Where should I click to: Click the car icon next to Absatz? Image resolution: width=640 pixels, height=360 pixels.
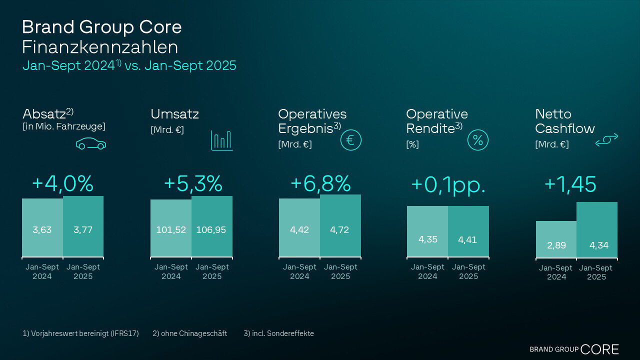(x=91, y=144)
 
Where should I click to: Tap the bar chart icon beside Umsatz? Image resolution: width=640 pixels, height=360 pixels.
(x=221, y=140)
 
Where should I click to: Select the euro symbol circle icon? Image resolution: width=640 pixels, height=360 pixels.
(x=350, y=140)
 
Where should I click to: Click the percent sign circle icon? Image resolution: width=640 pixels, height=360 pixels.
(x=477, y=140)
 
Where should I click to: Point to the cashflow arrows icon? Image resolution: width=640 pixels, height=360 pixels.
(x=606, y=140)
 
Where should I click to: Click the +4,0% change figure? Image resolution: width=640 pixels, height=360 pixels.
(x=62, y=183)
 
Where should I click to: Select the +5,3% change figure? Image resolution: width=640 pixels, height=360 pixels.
(x=192, y=183)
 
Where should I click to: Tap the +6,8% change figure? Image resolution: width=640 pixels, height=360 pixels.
(x=320, y=183)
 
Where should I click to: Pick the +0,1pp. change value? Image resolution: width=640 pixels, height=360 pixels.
(x=448, y=184)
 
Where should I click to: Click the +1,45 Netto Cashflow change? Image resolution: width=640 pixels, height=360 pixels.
(x=570, y=184)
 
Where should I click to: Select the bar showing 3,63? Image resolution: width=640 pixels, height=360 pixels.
(x=42, y=228)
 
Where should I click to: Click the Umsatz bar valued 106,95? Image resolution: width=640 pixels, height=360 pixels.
(x=211, y=226)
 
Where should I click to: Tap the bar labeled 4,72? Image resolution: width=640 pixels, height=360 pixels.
(x=340, y=226)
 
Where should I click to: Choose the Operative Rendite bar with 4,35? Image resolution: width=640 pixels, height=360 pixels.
(x=427, y=231)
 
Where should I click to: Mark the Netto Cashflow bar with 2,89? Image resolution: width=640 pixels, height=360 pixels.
(x=556, y=239)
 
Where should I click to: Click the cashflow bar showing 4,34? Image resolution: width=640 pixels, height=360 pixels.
(x=597, y=230)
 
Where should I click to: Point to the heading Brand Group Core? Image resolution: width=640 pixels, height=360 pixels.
(x=101, y=27)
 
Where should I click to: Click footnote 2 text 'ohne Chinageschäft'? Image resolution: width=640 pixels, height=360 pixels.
(x=189, y=333)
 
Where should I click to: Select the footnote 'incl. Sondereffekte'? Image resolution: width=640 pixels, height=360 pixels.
(x=278, y=333)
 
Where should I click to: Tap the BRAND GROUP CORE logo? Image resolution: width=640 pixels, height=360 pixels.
(x=574, y=349)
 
